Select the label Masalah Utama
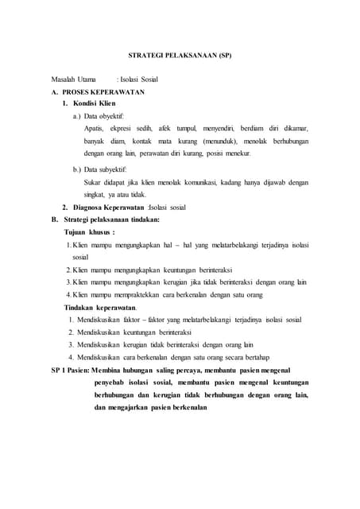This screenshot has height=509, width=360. (72, 80)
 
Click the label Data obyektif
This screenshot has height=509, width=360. (110, 116)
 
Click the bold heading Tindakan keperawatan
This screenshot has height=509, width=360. (100, 307)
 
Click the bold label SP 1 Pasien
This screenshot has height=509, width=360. (69, 370)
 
